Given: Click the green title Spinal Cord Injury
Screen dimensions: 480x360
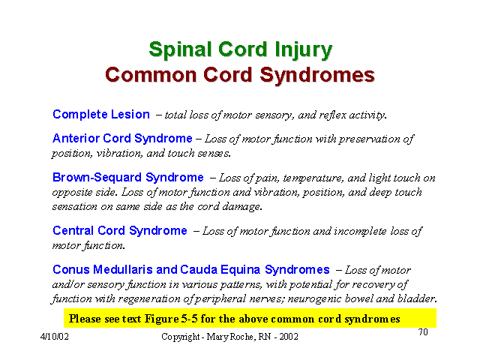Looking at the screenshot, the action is click(241, 50).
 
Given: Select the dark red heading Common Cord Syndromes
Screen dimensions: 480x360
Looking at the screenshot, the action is click(240, 75).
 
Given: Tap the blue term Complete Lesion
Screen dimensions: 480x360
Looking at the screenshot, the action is click(101, 115).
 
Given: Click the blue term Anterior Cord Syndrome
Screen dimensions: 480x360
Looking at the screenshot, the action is click(122, 139).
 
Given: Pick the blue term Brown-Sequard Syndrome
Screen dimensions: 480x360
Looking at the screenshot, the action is click(128, 178).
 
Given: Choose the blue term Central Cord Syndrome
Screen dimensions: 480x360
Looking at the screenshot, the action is click(120, 231).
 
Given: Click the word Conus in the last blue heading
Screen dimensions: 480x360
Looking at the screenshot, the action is click(71, 270).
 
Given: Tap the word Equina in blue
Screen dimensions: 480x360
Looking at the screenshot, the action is click(240, 270).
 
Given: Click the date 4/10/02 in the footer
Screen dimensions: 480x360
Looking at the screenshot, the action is click(55, 337).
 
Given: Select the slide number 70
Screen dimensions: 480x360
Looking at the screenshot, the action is click(423, 331).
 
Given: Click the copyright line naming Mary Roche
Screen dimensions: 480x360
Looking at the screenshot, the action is click(229, 337).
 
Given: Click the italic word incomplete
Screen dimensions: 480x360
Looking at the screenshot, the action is click(360, 232).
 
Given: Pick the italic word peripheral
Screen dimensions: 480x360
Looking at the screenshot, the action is click(220, 299).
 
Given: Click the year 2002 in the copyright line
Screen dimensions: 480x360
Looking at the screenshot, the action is click(289, 337).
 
